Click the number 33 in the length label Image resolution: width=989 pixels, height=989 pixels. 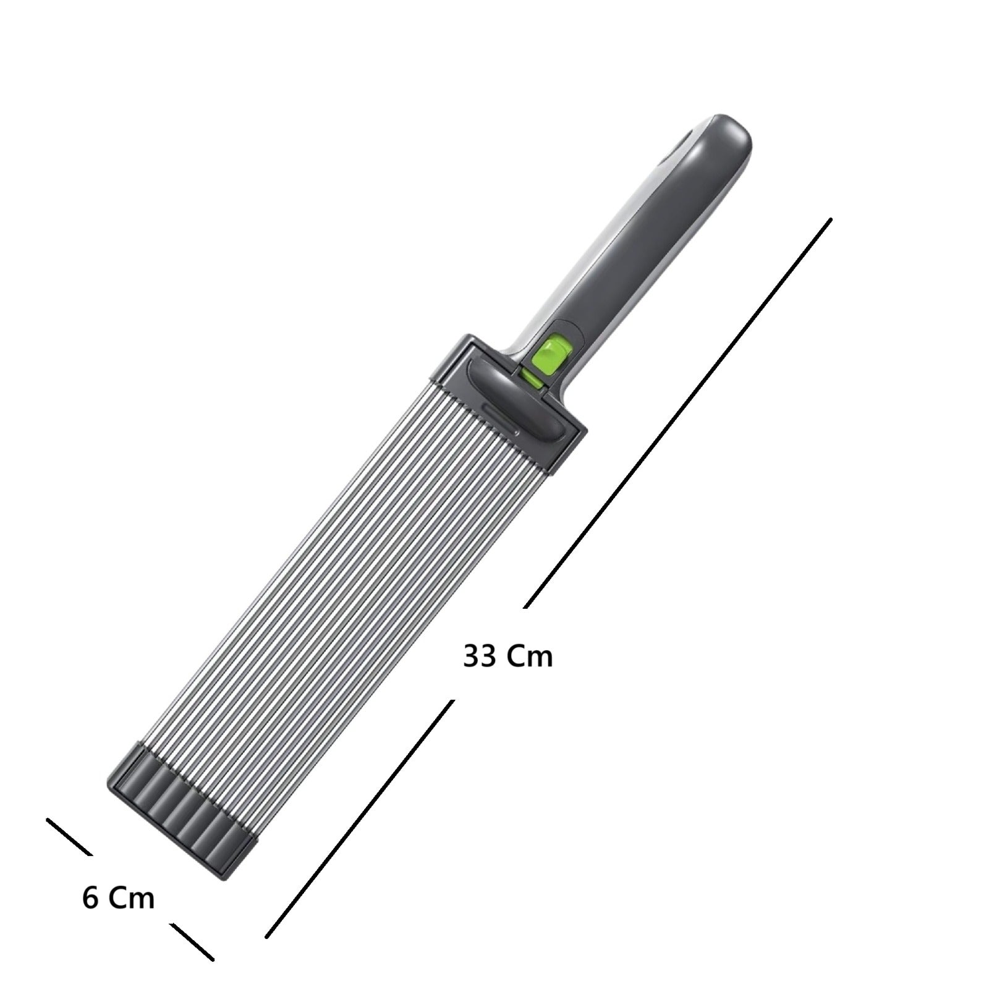[480, 656]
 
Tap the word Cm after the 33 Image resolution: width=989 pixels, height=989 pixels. [530, 656]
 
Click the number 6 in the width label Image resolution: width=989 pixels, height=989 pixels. [90, 898]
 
